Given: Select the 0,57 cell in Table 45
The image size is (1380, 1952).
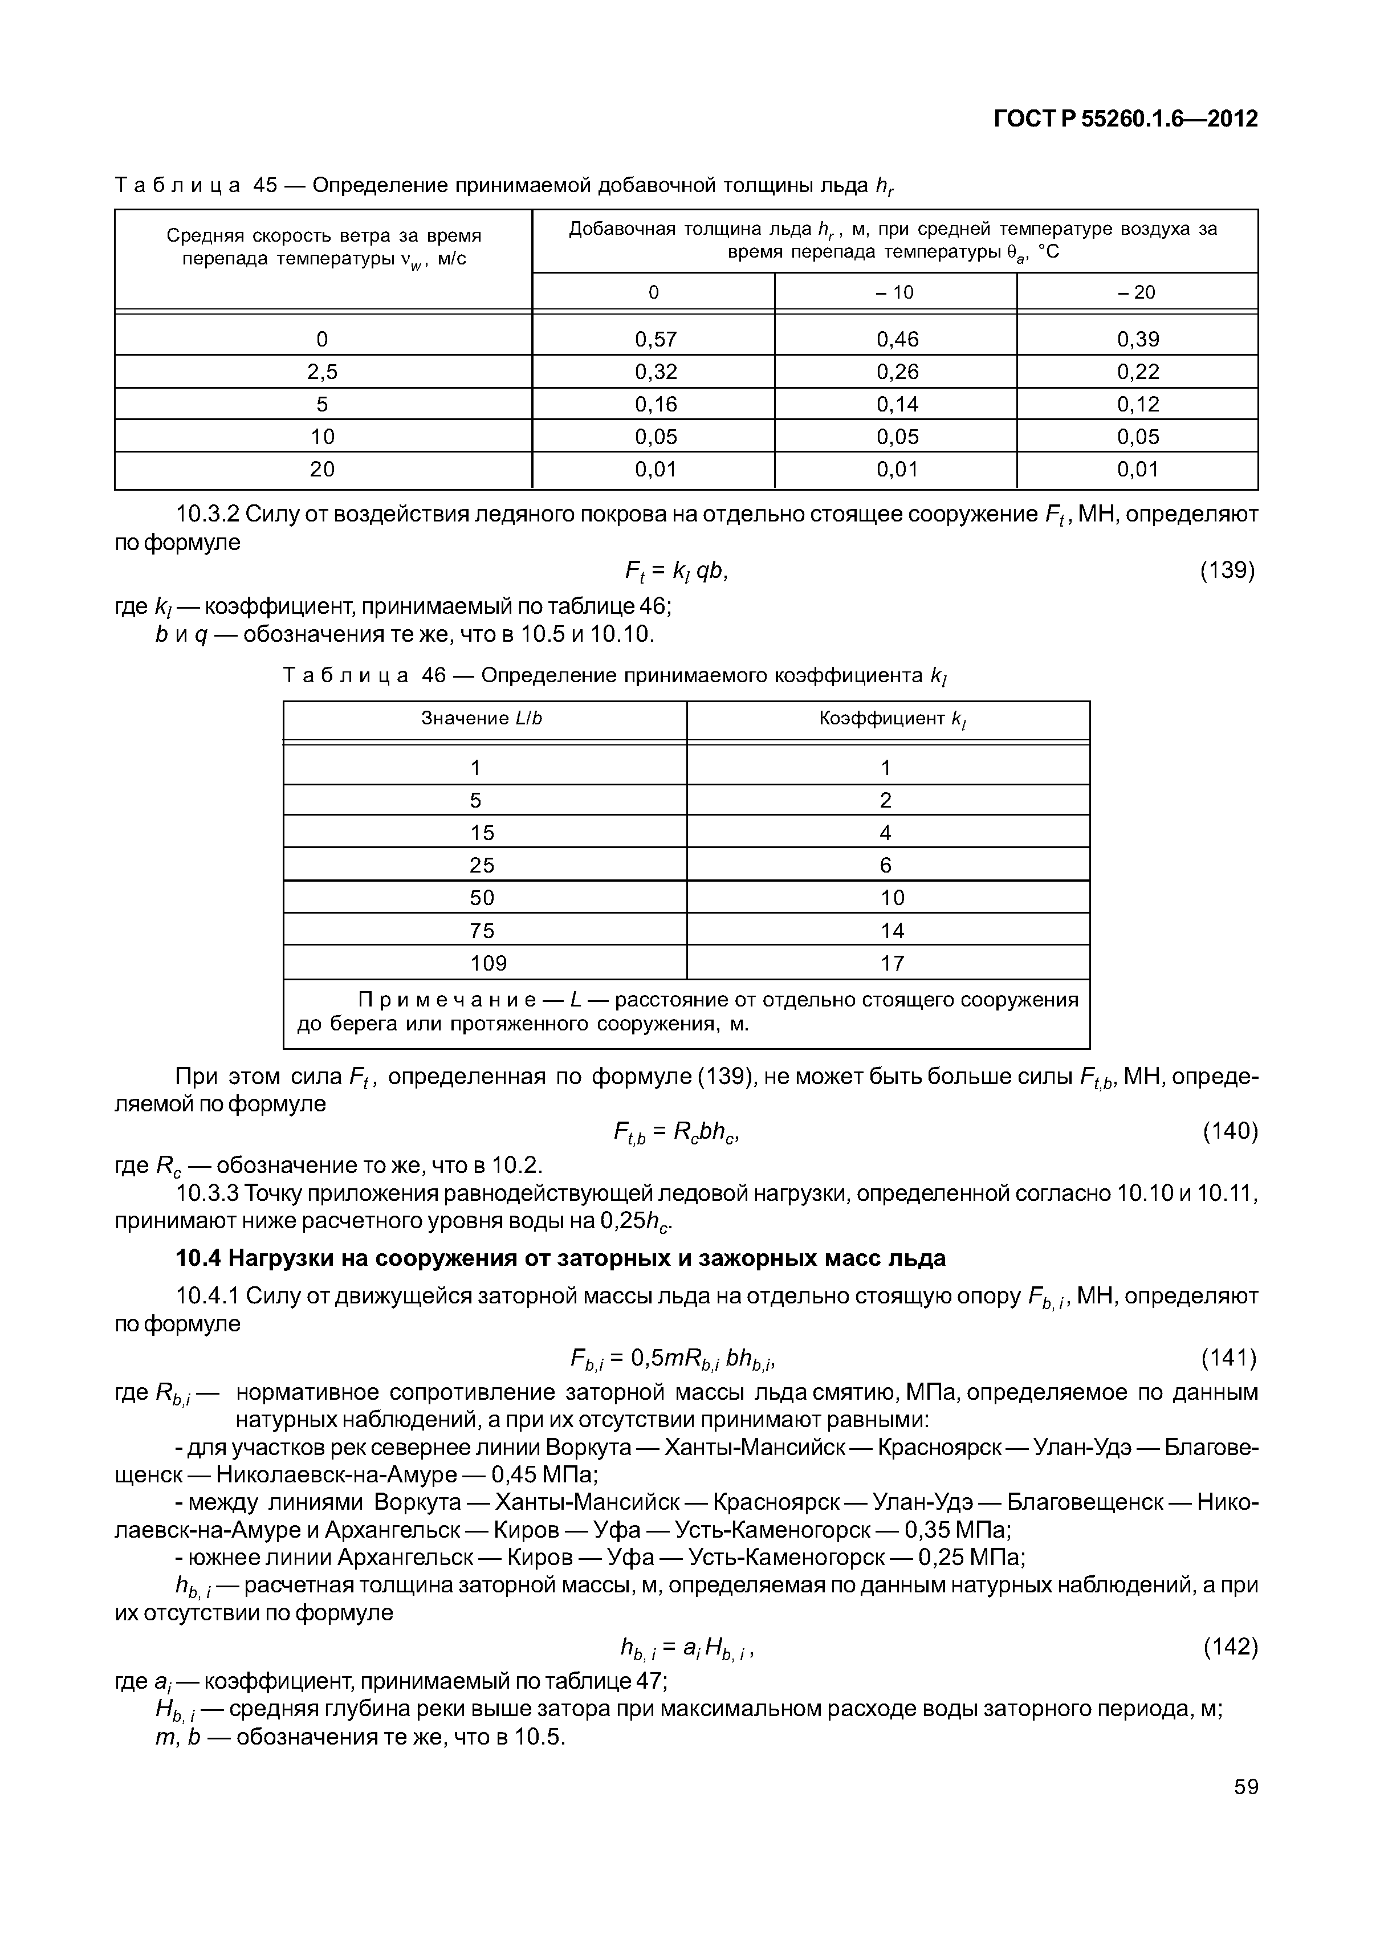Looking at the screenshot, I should point(655,339).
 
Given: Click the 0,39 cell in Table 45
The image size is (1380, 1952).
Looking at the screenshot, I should point(1138,339).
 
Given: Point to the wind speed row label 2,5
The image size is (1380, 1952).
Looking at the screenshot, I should point(322,372).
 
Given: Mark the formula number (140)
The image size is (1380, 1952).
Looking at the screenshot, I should point(1230,1130).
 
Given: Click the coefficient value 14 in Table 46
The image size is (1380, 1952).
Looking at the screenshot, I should point(892,930).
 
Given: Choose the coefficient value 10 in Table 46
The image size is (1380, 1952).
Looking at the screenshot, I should point(892,898).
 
